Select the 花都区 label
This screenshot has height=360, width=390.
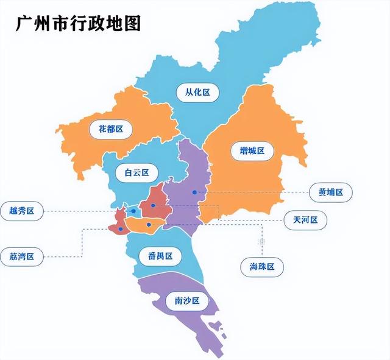110,129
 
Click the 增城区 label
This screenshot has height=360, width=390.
248,150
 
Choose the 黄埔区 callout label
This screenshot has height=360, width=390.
331,192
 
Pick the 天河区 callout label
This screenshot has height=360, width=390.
305,220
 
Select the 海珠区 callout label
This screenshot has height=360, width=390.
262,266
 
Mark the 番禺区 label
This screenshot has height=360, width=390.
160,256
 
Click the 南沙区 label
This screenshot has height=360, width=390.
187,301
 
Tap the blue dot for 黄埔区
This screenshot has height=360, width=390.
194,192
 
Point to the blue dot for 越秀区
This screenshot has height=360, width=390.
135,211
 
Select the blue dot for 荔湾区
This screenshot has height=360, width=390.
121,229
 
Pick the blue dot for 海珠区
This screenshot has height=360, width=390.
149,225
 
